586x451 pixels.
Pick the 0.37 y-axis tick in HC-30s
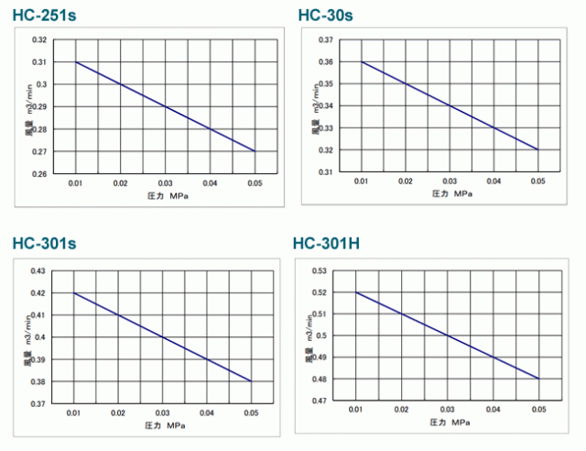point(324,40)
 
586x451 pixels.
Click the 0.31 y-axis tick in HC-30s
point(324,171)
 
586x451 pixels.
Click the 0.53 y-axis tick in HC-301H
point(320,270)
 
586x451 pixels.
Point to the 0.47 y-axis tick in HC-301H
point(320,401)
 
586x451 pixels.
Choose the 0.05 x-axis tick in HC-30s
point(537,182)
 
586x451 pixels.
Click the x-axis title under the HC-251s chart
point(166,197)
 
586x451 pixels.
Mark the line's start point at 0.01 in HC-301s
point(74,293)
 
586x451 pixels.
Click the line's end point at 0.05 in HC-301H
point(538,379)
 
